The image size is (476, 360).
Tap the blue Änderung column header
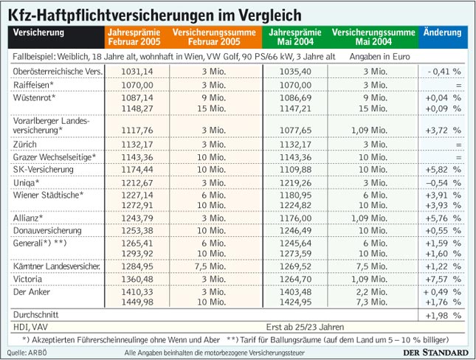[443, 32]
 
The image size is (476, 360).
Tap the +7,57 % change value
[443, 279]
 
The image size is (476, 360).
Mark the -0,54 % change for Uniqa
[443, 181]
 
